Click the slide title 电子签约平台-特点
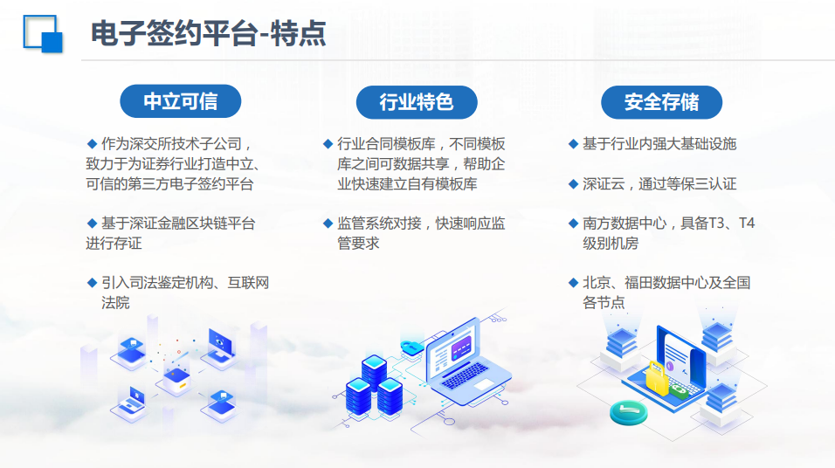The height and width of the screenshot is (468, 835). click(x=208, y=33)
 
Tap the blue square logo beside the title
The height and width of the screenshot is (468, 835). click(x=43, y=33)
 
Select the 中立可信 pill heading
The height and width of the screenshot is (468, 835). click(x=181, y=101)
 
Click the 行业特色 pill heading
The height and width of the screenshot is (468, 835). click(x=417, y=102)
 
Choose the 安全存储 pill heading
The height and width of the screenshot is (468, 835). click(x=661, y=102)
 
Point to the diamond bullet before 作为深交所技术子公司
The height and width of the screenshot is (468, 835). click(x=92, y=144)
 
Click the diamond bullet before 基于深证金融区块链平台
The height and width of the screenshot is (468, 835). click(x=92, y=223)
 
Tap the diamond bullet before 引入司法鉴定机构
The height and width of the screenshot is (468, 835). click(x=92, y=283)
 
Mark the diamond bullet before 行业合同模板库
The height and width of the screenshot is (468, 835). click(x=328, y=144)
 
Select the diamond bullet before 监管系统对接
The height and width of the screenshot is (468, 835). click(x=328, y=223)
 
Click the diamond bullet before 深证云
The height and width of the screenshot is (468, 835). click(x=573, y=184)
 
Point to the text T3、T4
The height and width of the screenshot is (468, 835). click(x=732, y=223)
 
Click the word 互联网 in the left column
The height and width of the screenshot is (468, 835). click(x=248, y=283)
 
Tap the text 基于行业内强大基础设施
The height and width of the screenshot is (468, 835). click(x=659, y=144)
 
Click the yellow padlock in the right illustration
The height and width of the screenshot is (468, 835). click(x=657, y=378)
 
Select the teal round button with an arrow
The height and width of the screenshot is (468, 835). click(x=628, y=413)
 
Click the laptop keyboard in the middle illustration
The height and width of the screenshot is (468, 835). click(x=465, y=375)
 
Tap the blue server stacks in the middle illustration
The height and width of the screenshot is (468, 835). click(x=375, y=387)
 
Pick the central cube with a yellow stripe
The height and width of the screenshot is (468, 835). click(x=177, y=380)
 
